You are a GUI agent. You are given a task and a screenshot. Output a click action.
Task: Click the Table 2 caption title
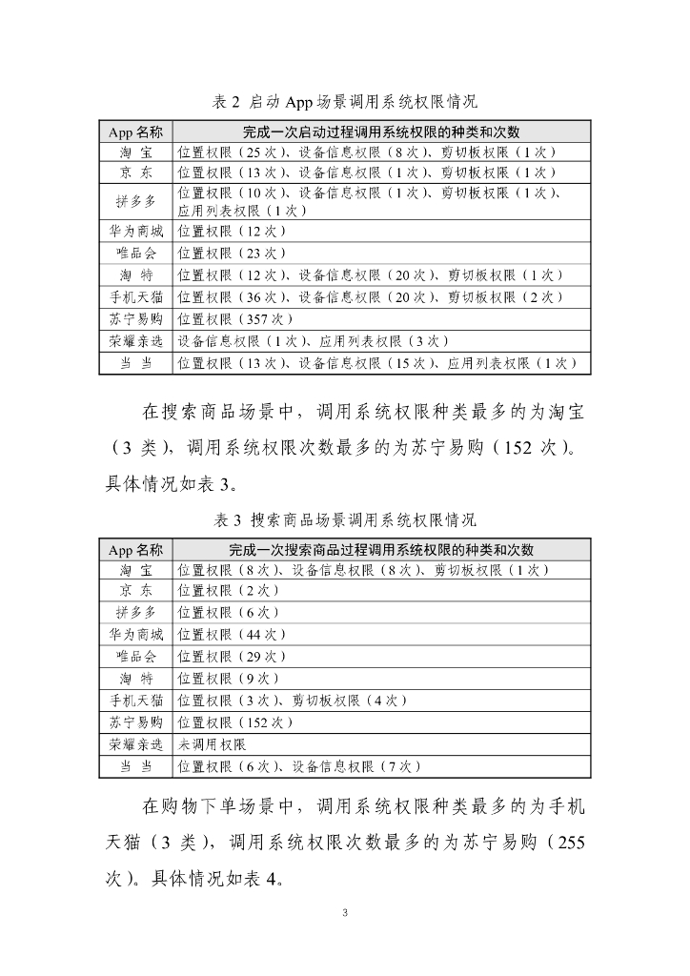click(x=344, y=100)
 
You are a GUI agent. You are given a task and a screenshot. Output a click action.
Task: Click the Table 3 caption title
click(x=344, y=520)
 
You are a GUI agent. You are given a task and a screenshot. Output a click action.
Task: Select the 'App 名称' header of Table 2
click(x=136, y=132)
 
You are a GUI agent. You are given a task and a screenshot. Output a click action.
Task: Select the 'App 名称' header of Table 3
click(x=136, y=550)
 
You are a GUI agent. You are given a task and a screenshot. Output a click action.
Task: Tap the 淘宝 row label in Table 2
click(x=136, y=152)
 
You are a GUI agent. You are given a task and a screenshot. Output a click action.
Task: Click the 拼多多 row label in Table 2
click(x=136, y=201)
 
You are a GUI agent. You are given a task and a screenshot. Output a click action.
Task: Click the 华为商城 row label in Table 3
click(x=136, y=634)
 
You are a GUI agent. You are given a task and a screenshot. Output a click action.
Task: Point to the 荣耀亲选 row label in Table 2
click(x=136, y=341)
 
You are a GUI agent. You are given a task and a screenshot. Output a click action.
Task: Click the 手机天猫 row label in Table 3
click(x=136, y=701)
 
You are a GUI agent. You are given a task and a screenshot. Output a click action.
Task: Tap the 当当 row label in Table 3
click(x=136, y=766)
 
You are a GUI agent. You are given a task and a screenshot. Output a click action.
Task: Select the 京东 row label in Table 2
click(x=136, y=173)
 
